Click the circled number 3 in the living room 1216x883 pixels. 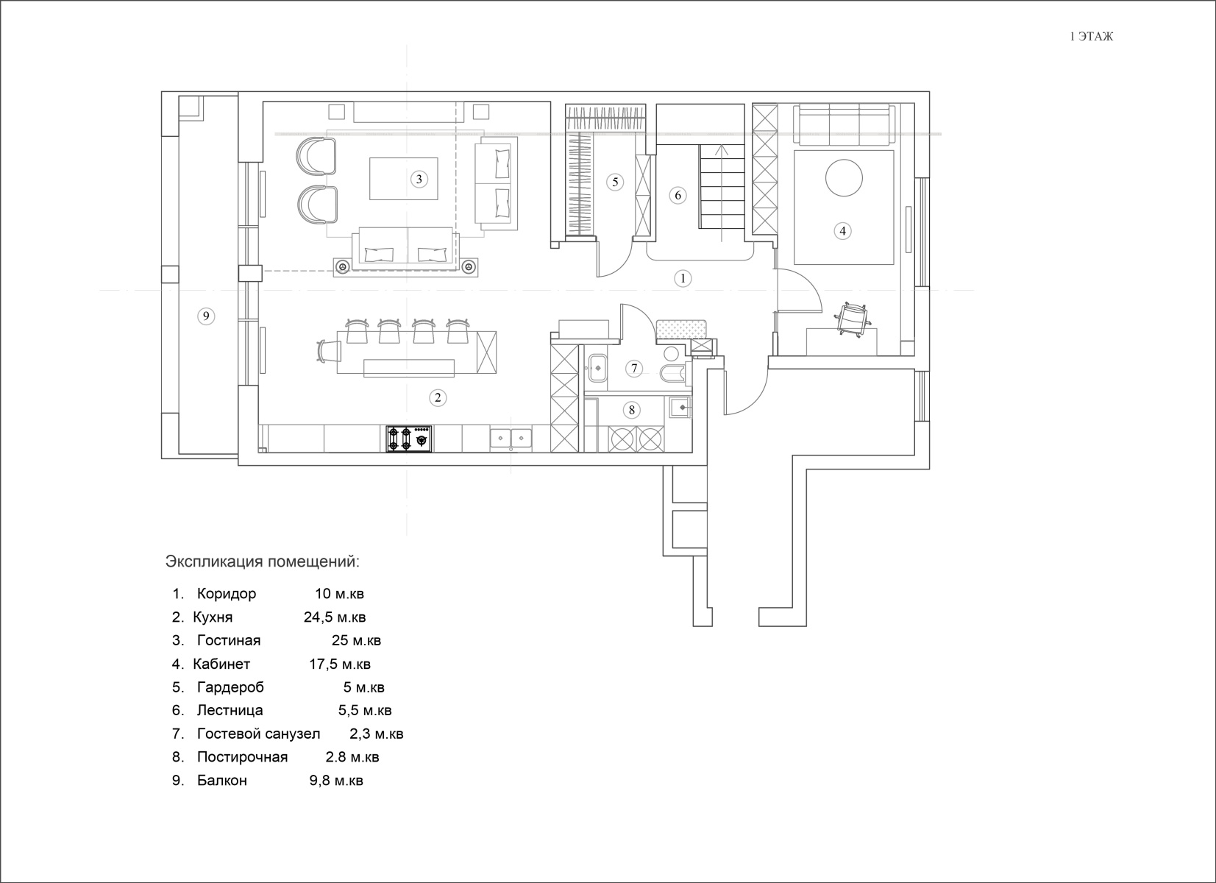419,180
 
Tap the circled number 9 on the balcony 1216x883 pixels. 206,316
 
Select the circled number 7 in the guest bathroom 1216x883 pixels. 634,369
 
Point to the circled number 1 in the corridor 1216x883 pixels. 683,279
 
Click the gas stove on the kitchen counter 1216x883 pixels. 409,439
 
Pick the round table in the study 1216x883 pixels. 844,177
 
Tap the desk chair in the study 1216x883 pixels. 853,320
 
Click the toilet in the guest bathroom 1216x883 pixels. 674,374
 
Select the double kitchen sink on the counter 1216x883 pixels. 511,439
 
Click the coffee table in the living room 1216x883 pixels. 404,179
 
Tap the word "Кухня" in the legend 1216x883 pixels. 213,617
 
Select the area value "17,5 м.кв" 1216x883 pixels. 340,664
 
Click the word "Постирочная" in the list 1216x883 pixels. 242,757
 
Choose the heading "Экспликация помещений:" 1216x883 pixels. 262,561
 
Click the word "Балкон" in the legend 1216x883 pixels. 222,781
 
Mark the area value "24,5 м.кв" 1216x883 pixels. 335,617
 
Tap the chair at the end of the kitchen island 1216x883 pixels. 328,350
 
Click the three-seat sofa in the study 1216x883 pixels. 845,125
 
